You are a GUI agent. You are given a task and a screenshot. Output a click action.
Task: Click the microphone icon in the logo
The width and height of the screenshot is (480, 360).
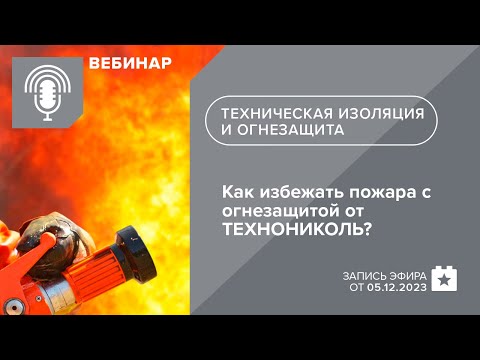tap(46, 92)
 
